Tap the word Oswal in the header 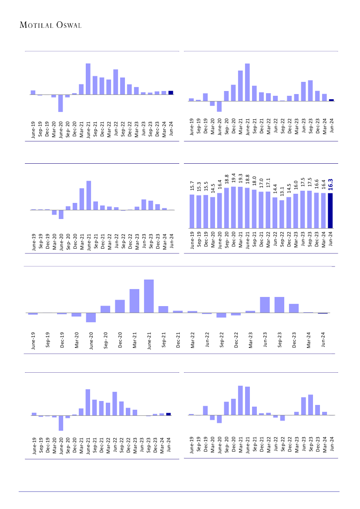(69, 25)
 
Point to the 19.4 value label (234, 178)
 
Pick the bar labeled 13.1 (282, 214)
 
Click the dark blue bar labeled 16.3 (330, 210)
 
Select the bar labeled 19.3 (240, 207)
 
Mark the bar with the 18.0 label (254, 209)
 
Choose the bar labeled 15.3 (199, 211)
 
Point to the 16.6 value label (316, 185)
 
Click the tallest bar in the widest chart (149, 296)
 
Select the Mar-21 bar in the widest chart (134, 301)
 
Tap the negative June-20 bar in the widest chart (91, 317)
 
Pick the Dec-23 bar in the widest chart (294, 308)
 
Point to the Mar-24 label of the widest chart (309, 339)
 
